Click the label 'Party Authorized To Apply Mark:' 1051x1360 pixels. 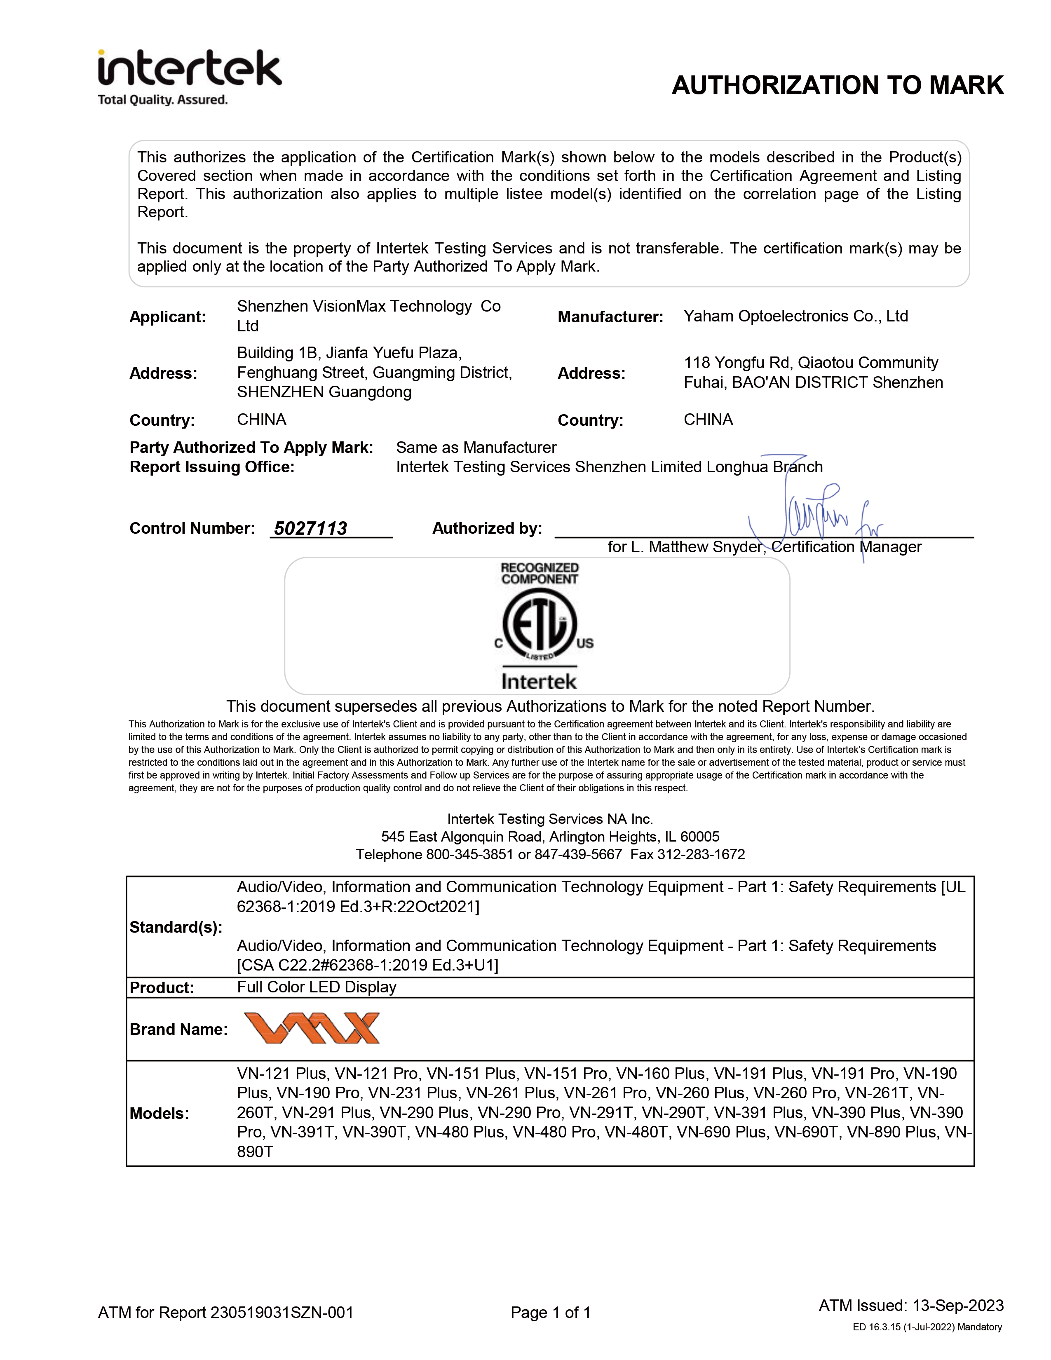pos(251,448)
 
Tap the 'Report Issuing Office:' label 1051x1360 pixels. pos(212,467)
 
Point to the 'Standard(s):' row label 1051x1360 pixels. pos(176,927)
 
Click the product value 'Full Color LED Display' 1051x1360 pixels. pos(316,987)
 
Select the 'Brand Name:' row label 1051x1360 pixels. pos(178,1029)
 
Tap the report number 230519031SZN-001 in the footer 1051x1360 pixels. pos(282,1313)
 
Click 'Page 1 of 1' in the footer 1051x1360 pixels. pos(550,1313)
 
